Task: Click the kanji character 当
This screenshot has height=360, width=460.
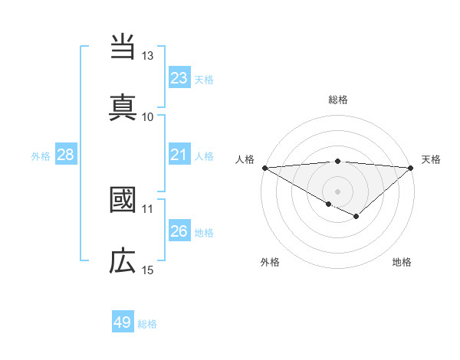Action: pyautogui.click(x=123, y=47)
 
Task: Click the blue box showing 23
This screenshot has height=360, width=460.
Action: pyautogui.click(x=179, y=78)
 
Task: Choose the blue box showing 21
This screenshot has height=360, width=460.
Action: pyautogui.click(x=179, y=155)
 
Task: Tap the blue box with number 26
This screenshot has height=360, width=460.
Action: pyautogui.click(x=179, y=231)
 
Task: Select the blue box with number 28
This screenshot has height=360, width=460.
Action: pyautogui.click(x=66, y=155)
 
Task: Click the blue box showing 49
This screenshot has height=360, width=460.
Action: pyautogui.click(x=123, y=322)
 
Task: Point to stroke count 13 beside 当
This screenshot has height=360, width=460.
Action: pyautogui.click(x=148, y=56)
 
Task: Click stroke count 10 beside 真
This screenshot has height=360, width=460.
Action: pyautogui.click(x=148, y=116)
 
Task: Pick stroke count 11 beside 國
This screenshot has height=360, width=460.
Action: pyautogui.click(x=148, y=208)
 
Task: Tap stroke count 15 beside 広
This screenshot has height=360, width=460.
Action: pyautogui.click(x=148, y=270)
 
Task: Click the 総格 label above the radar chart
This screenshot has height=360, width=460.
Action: pyautogui.click(x=338, y=100)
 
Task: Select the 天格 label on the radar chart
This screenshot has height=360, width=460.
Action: pyautogui.click(x=431, y=159)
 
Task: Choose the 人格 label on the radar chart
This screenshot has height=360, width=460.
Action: pyautogui.click(x=245, y=159)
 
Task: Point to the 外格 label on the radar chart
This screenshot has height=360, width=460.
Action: pyautogui.click(x=270, y=262)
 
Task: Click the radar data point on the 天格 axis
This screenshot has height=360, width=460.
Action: pyautogui.click(x=411, y=168)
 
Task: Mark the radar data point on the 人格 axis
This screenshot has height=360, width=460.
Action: pyautogui.click(x=264, y=168)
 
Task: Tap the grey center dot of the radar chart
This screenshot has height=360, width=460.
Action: pyautogui.click(x=337, y=191)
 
